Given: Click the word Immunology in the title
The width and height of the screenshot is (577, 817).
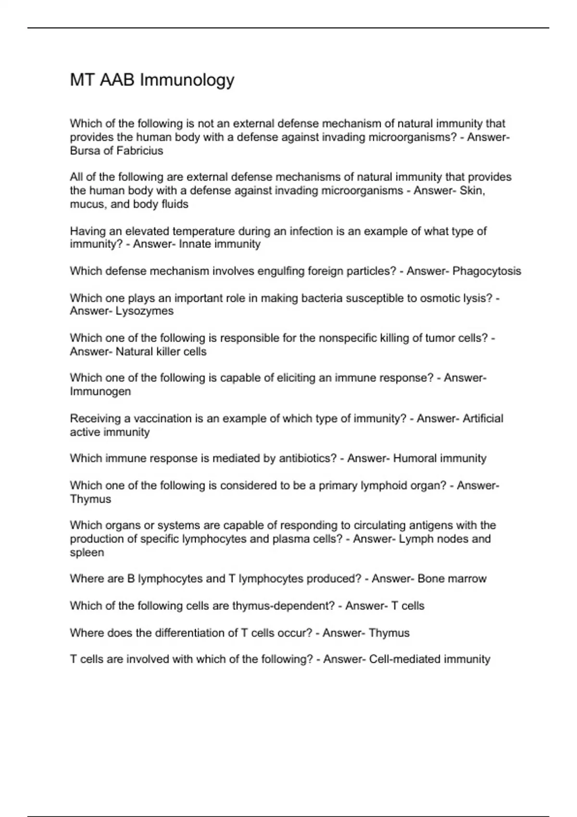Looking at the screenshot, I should [x=187, y=80].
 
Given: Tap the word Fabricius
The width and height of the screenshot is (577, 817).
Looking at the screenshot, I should [x=140, y=151].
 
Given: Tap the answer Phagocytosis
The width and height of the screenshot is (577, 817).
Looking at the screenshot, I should [x=487, y=271].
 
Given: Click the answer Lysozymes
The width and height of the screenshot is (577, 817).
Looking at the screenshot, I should [x=145, y=311].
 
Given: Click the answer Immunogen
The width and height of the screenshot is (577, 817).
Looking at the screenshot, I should [x=100, y=392].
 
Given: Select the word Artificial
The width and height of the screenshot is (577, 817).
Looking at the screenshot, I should [x=483, y=419].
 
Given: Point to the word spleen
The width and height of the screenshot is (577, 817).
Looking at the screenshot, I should [x=87, y=553].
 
